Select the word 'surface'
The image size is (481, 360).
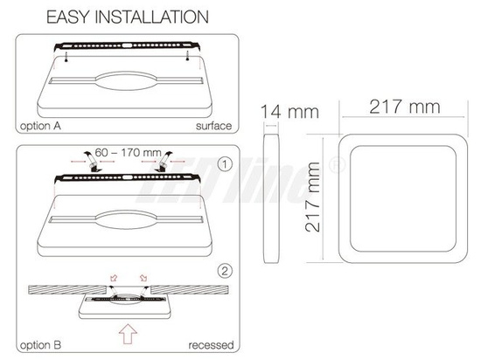[x=214, y=126]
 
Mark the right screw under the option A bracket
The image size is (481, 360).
[x=188, y=55]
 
